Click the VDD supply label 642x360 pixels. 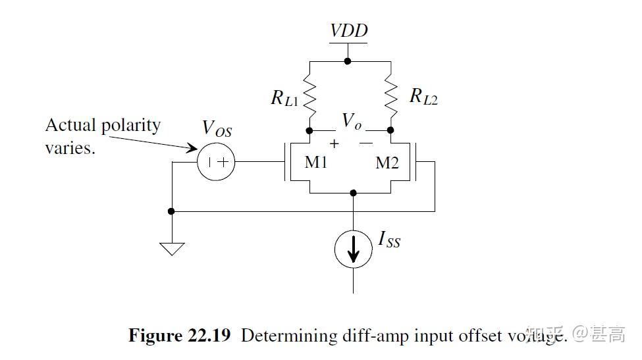348,31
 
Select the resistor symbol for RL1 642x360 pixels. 309,97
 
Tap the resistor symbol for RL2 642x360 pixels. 391,97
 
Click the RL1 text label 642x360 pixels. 285,98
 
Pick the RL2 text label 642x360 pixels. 423,96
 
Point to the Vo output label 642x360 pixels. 351,121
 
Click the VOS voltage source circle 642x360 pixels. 216,161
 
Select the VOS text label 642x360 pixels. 217,128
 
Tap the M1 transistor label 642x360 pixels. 316,162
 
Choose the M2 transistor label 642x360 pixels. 387,163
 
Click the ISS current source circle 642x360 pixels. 354,249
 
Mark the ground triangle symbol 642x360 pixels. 171,249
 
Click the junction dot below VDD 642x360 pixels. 348,61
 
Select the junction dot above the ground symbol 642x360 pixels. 171,211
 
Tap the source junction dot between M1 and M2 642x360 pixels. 354,193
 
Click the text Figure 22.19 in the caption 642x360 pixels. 179,336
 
